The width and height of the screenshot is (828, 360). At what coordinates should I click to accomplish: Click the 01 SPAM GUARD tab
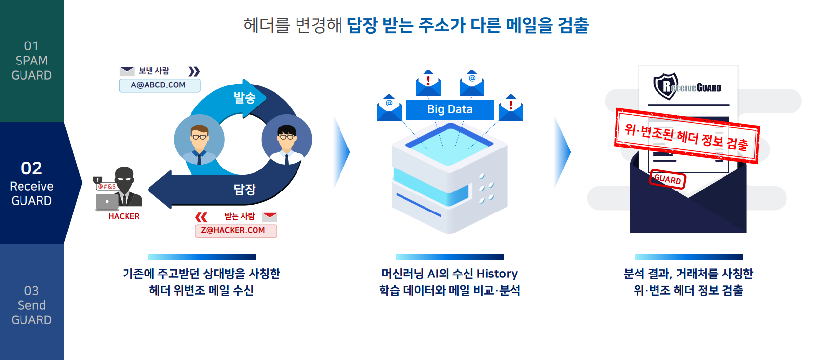pyautogui.click(x=32, y=61)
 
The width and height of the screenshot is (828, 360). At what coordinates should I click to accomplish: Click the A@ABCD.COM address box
pyautogui.click(x=160, y=85)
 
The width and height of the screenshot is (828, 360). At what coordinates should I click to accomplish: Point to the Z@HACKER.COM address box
pyautogui.click(x=236, y=231)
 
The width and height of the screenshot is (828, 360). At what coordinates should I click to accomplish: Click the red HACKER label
pyautogui.click(x=124, y=216)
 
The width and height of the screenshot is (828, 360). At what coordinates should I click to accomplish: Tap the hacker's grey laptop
pyautogui.click(x=107, y=202)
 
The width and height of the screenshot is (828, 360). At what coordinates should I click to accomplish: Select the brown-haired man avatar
pyautogui.click(x=199, y=139)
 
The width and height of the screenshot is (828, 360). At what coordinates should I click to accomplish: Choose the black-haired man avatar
pyautogui.click(x=286, y=139)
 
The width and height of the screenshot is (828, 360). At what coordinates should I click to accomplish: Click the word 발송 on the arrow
pyautogui.click(x=245, y=98)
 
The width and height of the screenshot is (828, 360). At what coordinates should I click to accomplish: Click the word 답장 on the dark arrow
pyautogui.click(x=245, y=190)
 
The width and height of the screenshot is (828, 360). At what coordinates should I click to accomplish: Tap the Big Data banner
pyautogui.click(x=450, y=110)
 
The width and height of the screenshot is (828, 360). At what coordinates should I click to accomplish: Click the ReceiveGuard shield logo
pyautogui.click(x=666, y=86)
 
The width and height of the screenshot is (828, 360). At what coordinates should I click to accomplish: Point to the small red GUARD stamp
pyautogui.click(x=668, y=180)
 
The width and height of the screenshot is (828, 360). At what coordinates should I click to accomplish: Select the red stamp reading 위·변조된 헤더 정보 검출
pyautogui.click(x=687, y=136)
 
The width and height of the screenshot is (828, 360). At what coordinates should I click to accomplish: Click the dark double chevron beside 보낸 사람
pyautogui.click(x=194, y=71)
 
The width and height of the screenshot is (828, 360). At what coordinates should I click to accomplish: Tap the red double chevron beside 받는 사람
pyautogui.click(x=201, y=217)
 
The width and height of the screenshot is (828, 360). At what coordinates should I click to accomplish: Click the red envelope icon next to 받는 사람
pyautogui.click(x=270, y=217)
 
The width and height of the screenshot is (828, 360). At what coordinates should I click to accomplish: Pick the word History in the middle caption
pyautogui.click(x=497, y=274)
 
